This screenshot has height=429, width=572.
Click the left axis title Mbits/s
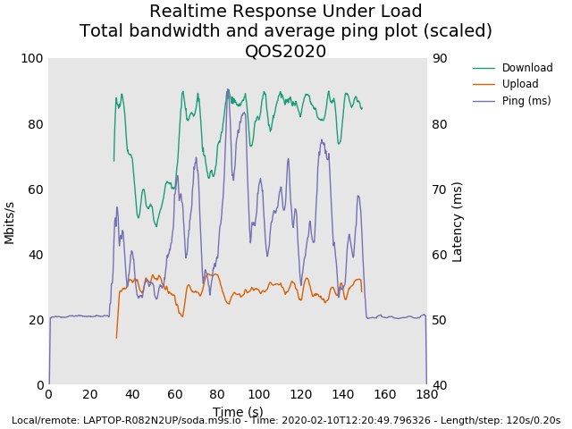pyautogui.click(x=10, y=222)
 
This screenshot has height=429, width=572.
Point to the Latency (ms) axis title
pyautogui.click(x=458, y=222)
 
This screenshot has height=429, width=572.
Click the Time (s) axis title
pyautogui.click(x=238, y=412)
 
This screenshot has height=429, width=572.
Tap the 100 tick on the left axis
pyautogui.click(x=32, y=58)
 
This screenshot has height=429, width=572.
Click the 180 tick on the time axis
pyautogui.click(x=427, y=395)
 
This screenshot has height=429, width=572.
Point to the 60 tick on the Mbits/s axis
pyautogui.click(x=35, y=189)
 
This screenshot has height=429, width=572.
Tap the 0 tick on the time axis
pyautogui.click(x=48, y=395)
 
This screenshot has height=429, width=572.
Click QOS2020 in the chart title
pyautogui.click(x=285, y=51)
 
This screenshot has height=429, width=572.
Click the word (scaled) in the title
pyautogui.click(x=459, y=31)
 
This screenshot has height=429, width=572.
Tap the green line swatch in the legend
pyautogui.click(x=484, y=68)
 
